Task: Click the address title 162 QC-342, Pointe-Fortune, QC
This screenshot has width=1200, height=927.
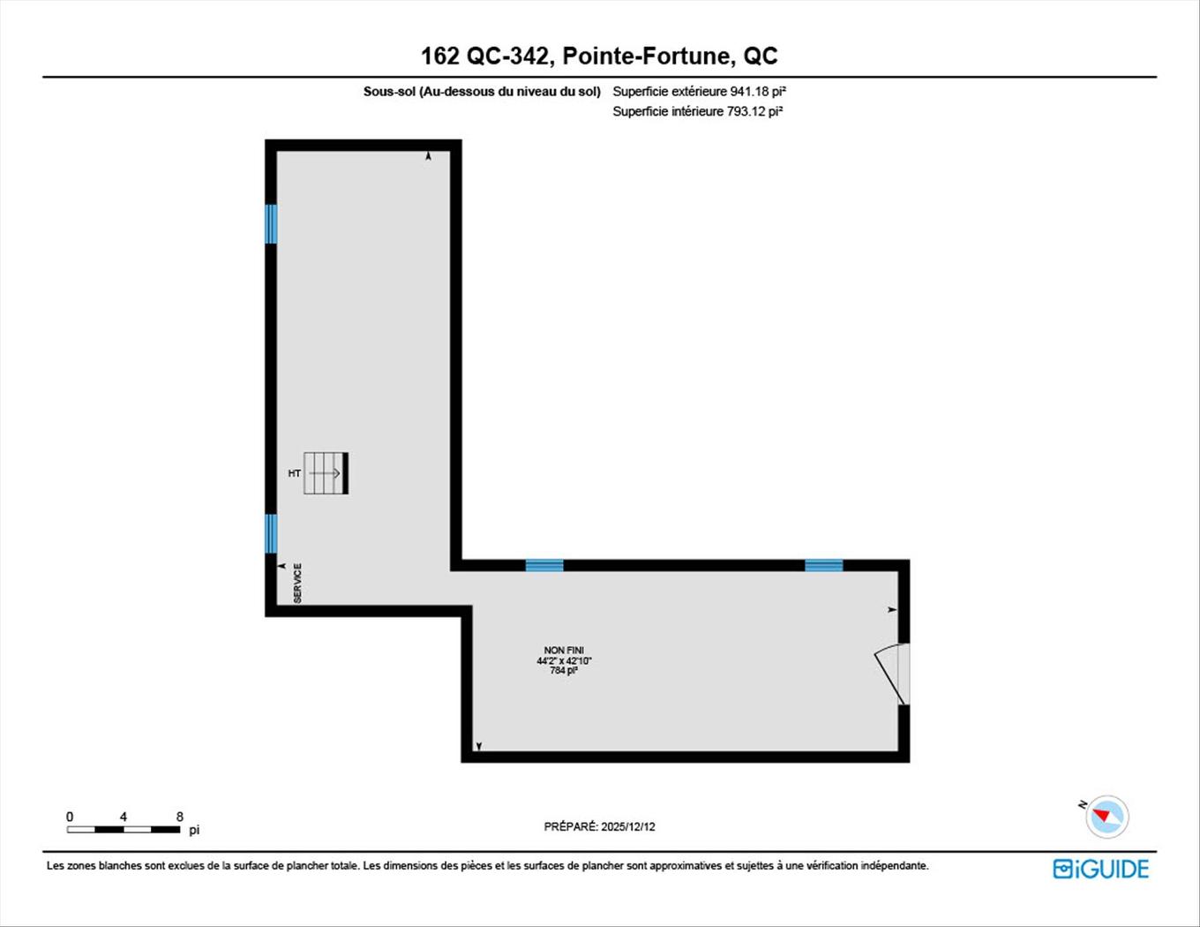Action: (599, 57)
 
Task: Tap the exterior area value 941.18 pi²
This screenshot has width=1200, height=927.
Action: (757, 91)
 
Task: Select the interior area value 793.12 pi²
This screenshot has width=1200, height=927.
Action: (754, 111)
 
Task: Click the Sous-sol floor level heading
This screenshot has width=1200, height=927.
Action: (482, 91)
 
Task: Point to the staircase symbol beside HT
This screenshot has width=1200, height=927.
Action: (326, 473)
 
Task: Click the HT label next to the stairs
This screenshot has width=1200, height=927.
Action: (295, 473)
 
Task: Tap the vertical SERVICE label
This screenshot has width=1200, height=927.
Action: (297, 584)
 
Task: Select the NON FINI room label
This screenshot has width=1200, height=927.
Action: (564, 651)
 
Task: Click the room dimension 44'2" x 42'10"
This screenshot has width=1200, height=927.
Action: (564, 660)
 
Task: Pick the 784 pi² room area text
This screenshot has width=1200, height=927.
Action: (564, 671)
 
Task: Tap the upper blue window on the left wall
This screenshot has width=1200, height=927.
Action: (271, 223)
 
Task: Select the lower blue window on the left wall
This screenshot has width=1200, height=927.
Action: (271, 533)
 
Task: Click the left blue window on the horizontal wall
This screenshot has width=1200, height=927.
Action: (544, 565)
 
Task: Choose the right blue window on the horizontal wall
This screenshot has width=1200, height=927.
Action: (823, 565)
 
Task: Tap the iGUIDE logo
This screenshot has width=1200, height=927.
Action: (1101, 869)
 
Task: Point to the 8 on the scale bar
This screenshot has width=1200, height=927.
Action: (180, 817)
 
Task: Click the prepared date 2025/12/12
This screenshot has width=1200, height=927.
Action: (627, 827)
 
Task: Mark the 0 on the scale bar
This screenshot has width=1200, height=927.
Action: (70, 817)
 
